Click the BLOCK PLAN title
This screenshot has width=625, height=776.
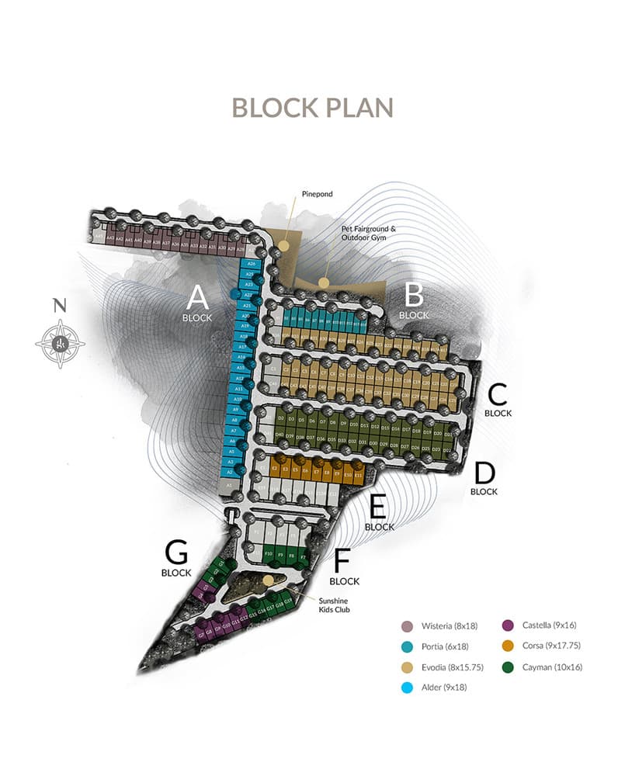[312, 107]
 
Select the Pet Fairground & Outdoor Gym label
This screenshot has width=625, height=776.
[369, 234]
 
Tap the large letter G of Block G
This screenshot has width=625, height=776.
[176, 553]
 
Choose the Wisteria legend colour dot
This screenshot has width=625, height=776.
[405, 626]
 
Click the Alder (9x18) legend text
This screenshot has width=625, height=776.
[446, 687]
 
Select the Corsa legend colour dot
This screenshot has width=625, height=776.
[508, 646]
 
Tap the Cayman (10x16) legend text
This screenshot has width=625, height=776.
[552, 667]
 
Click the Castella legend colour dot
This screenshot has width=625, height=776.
[508, 625]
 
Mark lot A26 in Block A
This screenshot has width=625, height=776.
[249, 264]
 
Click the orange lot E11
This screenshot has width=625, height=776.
[359, 471]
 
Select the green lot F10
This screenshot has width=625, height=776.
[268, 555]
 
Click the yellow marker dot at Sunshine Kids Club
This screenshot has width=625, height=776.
[268, 580]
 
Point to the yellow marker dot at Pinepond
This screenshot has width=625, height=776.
[284, 245]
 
